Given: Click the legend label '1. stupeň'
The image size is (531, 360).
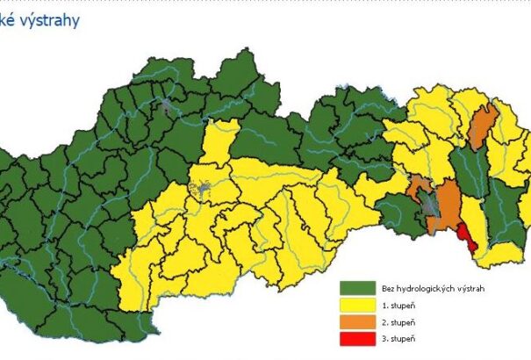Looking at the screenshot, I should (x=397, y=305).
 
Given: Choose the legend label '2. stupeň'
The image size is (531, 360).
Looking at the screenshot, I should (x=397, y=321).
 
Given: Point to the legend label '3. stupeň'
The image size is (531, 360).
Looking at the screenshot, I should (x=397, y=338).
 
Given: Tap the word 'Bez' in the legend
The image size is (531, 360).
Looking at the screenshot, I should (x=389, y=288).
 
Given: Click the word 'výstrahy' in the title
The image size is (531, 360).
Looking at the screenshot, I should (x=49, y=19).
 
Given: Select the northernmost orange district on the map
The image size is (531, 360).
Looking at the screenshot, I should (x=481, y=126).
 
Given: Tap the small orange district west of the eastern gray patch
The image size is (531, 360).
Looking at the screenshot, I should (x=418, y=185).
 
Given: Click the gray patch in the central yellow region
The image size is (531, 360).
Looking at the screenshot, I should (x=205, y=189).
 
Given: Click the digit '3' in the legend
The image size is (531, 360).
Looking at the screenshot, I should (x=384, y=338).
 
